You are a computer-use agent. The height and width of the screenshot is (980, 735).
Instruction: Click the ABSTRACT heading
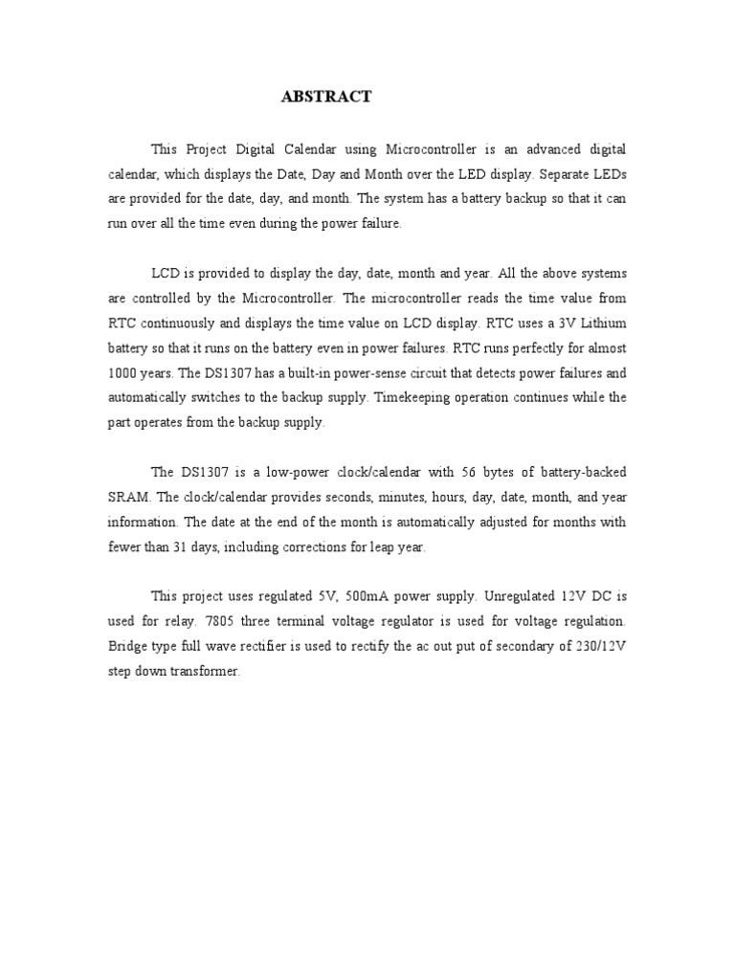pos(325,97)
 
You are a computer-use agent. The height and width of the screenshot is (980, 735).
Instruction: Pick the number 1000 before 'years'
pos(122,373)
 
